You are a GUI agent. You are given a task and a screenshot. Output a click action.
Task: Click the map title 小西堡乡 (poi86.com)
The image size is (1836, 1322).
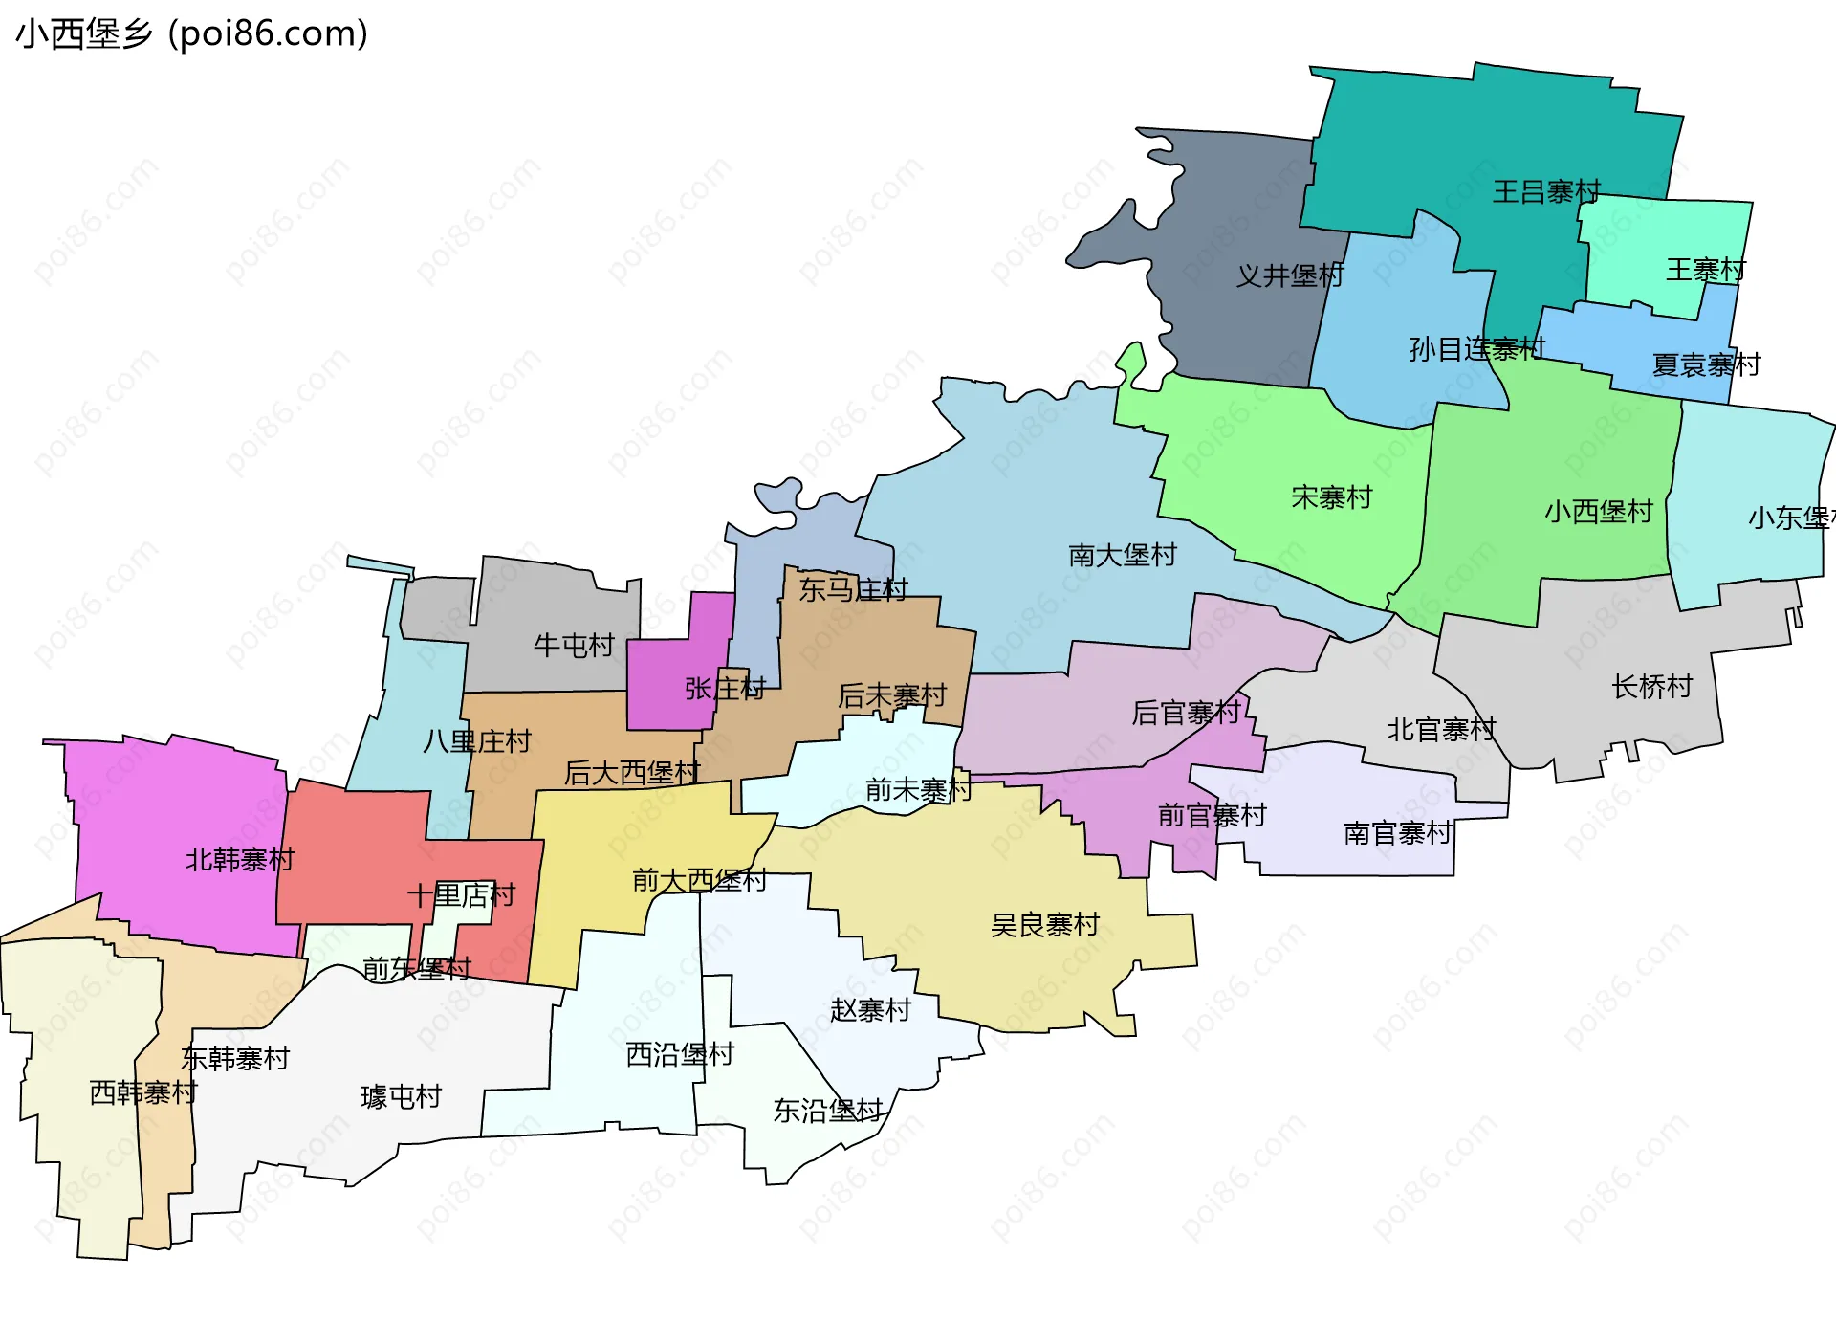click(x=191, y=34)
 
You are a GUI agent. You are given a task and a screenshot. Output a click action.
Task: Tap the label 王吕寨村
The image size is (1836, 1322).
click(x=1546, y=192)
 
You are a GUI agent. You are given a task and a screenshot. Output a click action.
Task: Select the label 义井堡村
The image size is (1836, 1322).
click(x=1290, y=276)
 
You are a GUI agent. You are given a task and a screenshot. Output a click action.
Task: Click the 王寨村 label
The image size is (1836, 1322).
click(x=1706, y=271)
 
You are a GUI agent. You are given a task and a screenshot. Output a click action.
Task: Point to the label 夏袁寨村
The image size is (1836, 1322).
click(x=1706, y=365)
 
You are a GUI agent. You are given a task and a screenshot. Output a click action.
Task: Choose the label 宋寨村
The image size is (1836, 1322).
click(x=1331, y=497)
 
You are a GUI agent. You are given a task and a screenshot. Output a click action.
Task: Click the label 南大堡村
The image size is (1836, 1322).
click(x=1122, y=556)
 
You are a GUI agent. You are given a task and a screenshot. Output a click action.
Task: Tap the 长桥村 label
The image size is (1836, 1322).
click(x=1651, y=687)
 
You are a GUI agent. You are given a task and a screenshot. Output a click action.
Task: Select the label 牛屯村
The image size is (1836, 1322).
click(x=574, y=646)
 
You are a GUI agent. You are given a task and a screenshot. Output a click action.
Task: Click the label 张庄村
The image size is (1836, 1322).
click(x=725, y=689)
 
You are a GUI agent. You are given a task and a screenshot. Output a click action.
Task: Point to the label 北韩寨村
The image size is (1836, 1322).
click(x=239, y=860)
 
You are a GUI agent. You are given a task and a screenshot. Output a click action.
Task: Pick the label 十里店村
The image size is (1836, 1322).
click(x=461, y=896)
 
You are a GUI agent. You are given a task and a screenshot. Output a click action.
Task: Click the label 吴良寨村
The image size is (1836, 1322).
click(x=1044, y=926)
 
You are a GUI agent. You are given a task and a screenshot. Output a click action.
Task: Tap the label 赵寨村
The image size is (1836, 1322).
click(x=870, y=1010)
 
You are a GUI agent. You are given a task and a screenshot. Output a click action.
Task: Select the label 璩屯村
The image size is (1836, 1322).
click(x=401, y=1097)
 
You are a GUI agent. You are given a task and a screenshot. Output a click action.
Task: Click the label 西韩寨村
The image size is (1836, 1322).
click(x=143, y=1092)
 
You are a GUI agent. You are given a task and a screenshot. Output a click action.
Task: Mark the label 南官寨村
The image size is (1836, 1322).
click(x=1397, y=834)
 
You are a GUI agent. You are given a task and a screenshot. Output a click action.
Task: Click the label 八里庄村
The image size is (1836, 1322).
click(x=476, y=741)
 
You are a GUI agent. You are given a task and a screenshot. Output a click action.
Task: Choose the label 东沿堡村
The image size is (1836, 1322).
click(x=827, y=1111)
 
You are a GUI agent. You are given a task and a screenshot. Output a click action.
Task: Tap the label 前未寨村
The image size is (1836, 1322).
click(x=918, y=790)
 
